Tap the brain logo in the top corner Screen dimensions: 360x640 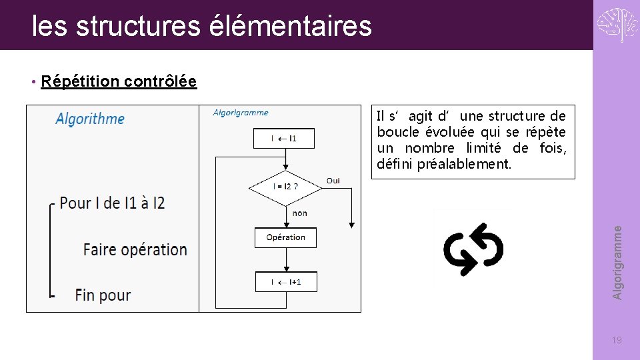point(617,25)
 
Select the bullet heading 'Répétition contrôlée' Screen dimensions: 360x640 point(119,81)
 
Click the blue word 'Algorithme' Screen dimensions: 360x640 point(90,119)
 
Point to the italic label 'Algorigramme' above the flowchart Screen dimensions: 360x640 point(241,113)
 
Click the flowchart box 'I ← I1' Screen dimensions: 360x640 point(284,139)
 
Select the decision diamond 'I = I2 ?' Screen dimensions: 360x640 point(285,187)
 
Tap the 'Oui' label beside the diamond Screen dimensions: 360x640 point(333,181)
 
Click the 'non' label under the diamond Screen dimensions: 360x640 point(300,213)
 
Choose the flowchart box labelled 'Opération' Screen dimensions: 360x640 point(285,237)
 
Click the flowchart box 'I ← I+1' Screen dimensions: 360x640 point(286,282)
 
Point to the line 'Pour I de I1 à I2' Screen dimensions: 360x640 point(112,203)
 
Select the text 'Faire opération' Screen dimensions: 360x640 point(135,249)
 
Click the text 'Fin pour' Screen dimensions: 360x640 point(103,295)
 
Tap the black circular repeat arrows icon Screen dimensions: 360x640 point(473,249)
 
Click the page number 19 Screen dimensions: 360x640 point(617,341)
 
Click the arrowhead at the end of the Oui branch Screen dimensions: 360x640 point(351,226)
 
